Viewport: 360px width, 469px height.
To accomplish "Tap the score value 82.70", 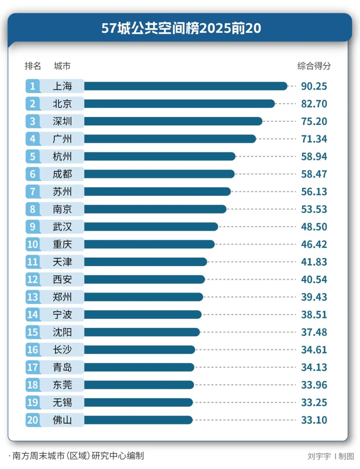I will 314,104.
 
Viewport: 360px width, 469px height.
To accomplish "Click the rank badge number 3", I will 32,122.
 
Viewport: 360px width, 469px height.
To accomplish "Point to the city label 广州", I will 62,139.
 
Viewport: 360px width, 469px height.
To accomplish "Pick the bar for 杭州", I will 160,157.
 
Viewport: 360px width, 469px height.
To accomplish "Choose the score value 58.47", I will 314,174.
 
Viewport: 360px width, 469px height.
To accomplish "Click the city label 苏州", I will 62,192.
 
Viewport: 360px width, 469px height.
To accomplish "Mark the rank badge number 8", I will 32,209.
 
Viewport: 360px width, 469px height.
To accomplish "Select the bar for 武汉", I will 151,227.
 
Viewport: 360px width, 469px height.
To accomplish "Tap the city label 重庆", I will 62,244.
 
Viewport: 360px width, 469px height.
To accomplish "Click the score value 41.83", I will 314,262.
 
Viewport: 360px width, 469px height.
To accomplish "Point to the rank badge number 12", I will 32,280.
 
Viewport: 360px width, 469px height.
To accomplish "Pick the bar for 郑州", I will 144,297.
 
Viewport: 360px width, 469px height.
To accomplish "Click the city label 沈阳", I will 62,332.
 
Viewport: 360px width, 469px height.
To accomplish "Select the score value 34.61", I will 314,350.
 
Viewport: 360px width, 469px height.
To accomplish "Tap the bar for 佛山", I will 138,420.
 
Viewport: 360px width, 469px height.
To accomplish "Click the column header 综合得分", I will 314,66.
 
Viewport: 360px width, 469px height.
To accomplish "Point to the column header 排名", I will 33,66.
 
